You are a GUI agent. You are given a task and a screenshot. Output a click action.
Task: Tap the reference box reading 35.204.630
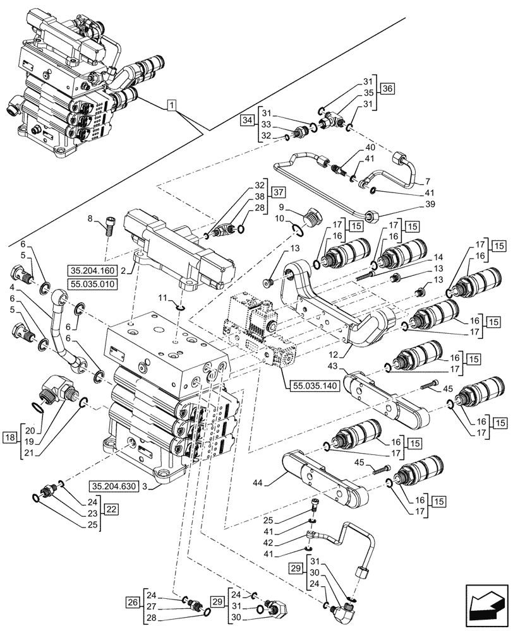coord(115,486)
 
